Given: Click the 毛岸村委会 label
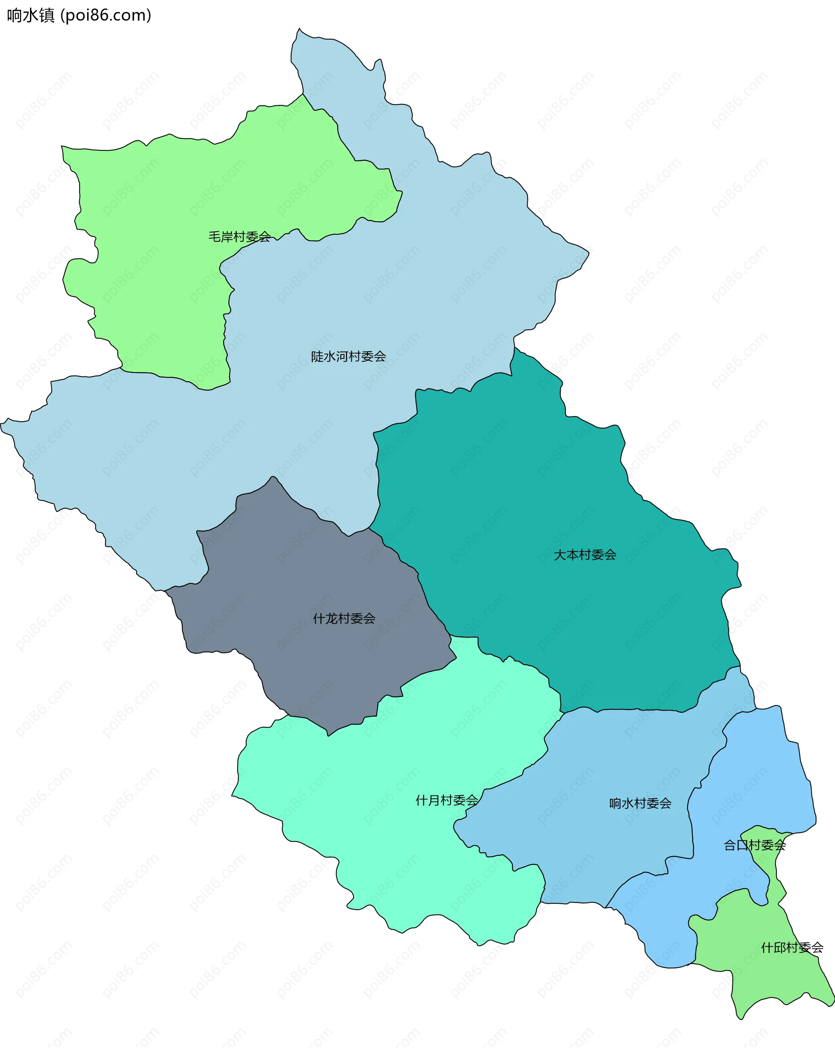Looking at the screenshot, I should point(239,237).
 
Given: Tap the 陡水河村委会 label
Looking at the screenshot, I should point(348,357).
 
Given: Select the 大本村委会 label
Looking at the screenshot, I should point(585,555).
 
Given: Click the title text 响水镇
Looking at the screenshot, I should point(30,16).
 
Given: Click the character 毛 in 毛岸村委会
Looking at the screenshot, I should point(214,237).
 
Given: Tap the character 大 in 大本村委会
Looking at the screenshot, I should point(560,555).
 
